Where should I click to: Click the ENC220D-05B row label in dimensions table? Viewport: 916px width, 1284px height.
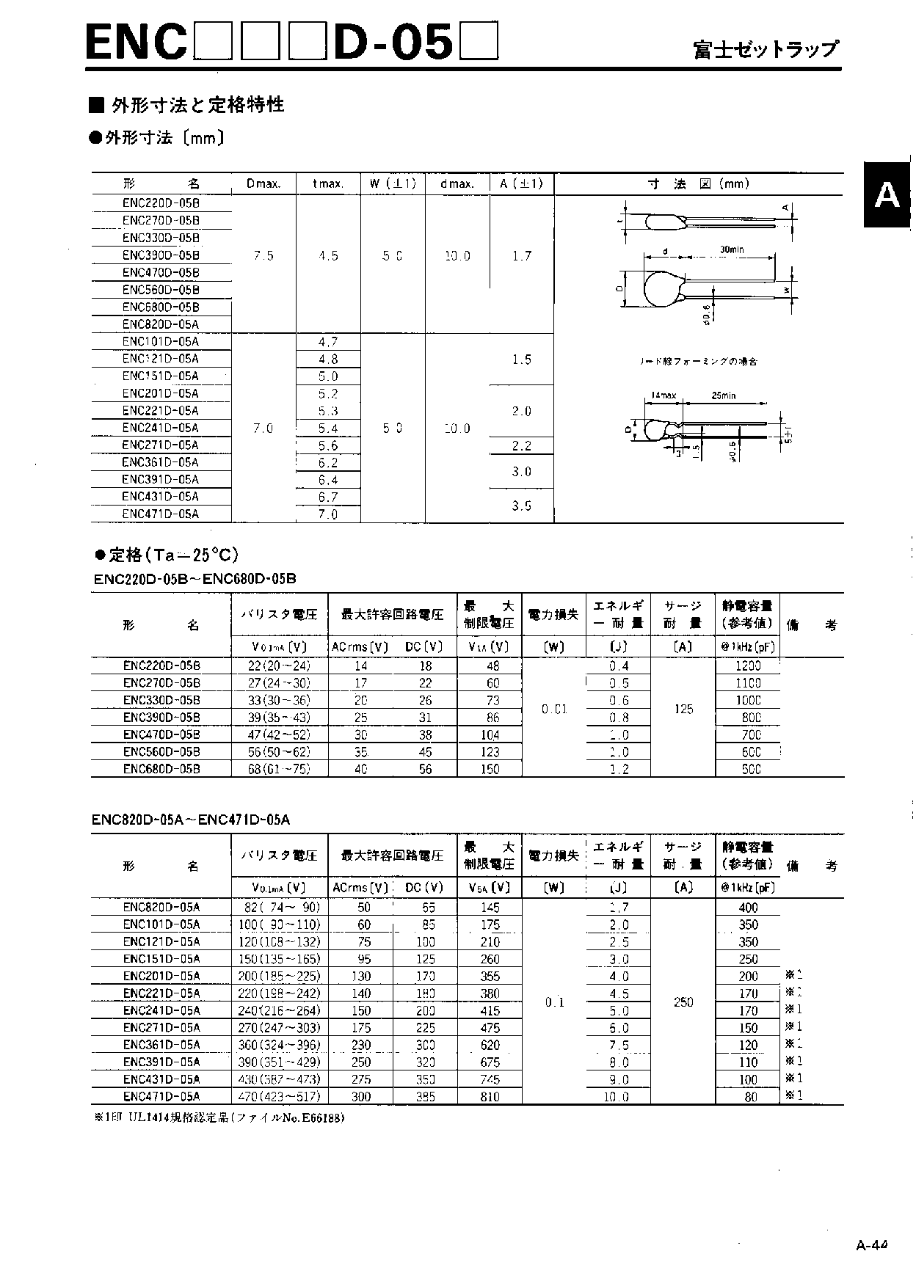tap(161, 203)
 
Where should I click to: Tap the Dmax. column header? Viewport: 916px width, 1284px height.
tap(263, 184)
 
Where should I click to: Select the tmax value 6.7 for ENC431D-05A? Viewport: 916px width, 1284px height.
tap(328, 497)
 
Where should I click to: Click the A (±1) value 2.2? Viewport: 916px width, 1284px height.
tap(522, 445)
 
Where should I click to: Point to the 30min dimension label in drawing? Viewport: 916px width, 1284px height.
tap(731, 250)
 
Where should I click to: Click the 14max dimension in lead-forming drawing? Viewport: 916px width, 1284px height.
tap(664, 396)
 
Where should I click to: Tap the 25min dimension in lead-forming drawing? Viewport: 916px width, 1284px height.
tap(723, 396)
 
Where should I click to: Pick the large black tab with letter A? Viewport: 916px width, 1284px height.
tap(887, 194)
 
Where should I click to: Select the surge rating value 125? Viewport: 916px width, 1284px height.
tap(683, 710)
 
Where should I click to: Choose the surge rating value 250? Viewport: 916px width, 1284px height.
tap(683, 1002)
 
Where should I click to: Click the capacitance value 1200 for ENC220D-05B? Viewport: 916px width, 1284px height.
tap(748, 666)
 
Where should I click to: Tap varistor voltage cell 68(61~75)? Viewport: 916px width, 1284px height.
tap(279, 769)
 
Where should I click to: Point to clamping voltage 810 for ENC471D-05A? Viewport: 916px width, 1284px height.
tap(490, 1097)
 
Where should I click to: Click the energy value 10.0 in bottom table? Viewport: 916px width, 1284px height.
tap(617, 1097)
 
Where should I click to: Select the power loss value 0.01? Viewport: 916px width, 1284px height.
tap(554, 710)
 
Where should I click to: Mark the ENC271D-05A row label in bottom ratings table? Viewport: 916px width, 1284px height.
tap(161, 1028)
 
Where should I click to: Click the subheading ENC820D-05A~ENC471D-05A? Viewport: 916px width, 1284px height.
tap(191, 819)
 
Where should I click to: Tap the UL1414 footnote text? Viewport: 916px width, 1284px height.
tap(219, 1119)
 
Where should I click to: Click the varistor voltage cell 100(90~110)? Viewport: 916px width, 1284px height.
tap(279, 925)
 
